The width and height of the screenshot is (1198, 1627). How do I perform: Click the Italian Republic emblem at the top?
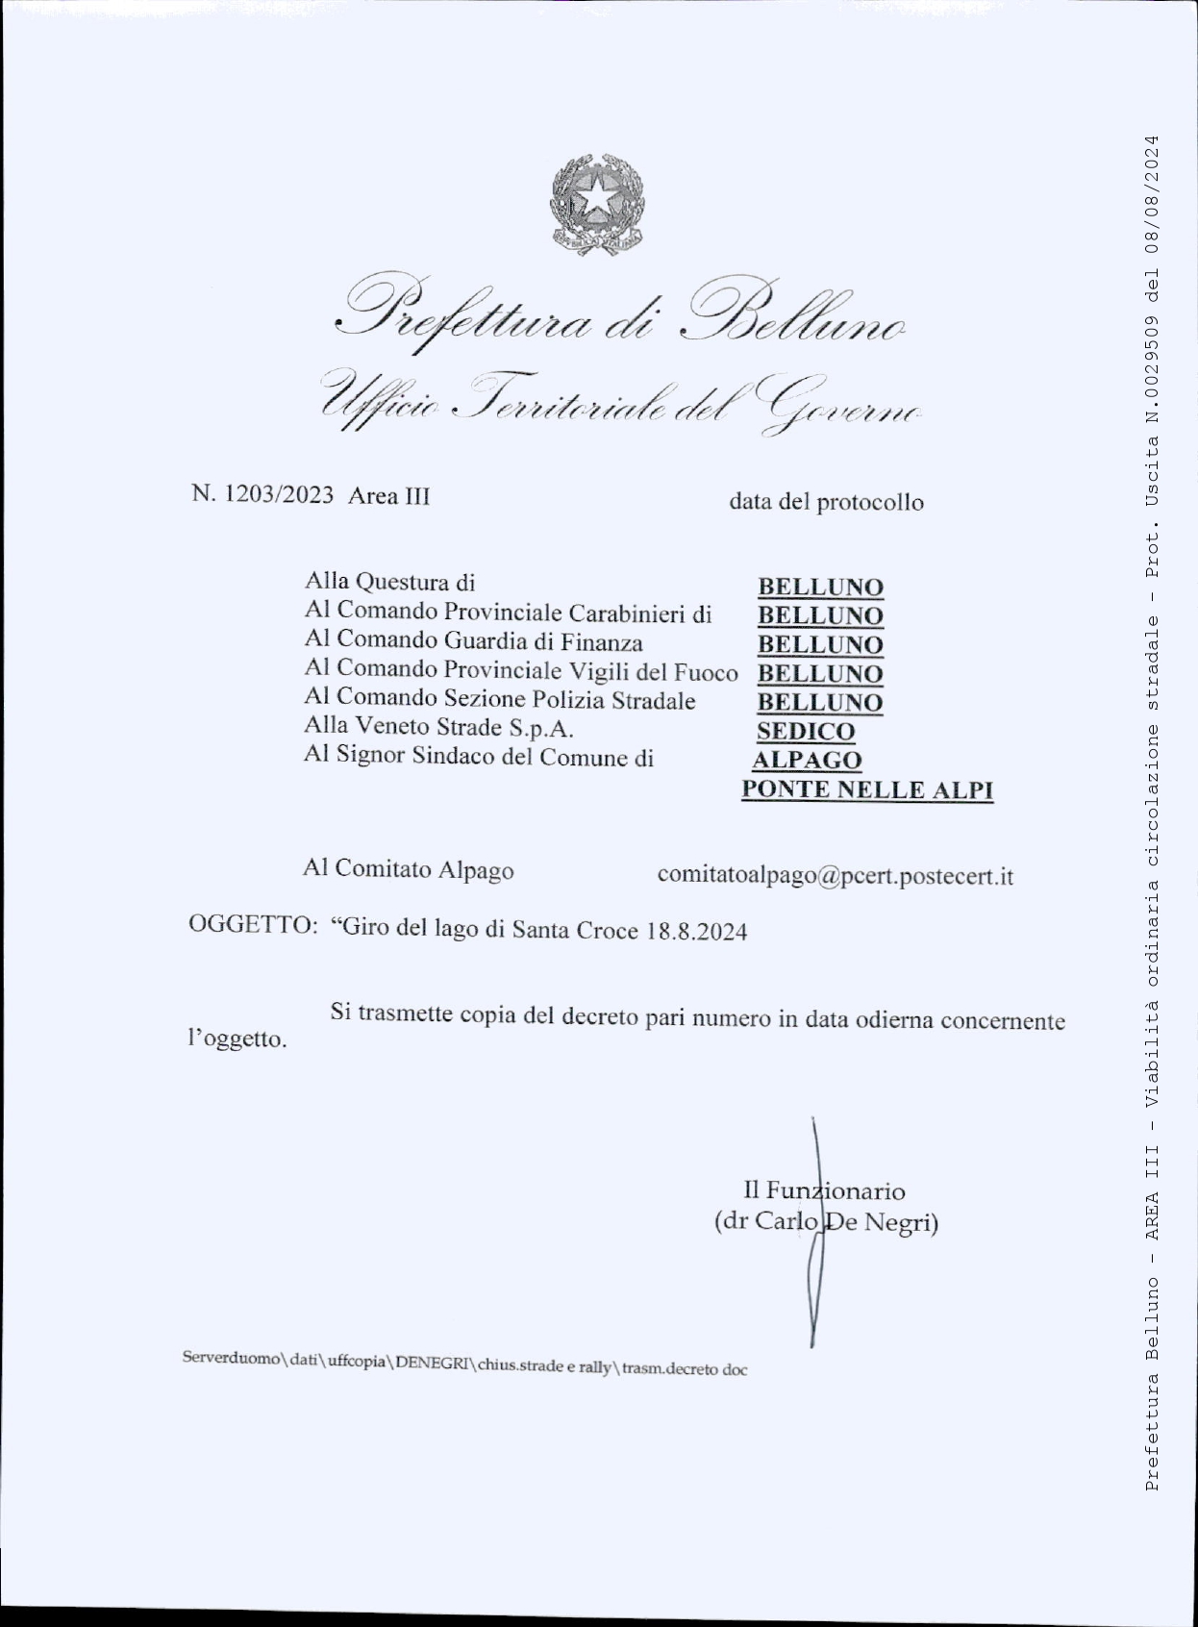597,203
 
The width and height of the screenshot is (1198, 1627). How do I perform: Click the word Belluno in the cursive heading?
793,315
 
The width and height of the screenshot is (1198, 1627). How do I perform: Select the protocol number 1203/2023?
279,495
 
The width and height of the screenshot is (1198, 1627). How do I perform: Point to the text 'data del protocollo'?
826,502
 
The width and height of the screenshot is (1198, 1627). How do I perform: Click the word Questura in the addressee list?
404,582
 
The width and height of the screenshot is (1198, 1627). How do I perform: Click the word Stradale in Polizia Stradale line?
653,700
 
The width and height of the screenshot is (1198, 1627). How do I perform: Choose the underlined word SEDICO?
805,732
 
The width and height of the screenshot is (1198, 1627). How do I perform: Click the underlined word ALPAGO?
807,761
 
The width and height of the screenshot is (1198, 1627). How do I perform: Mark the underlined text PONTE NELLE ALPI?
866,790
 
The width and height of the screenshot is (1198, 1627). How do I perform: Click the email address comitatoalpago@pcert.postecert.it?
835,876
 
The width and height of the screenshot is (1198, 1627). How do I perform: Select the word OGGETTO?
252,925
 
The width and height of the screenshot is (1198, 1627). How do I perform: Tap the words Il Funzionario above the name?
824,1190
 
